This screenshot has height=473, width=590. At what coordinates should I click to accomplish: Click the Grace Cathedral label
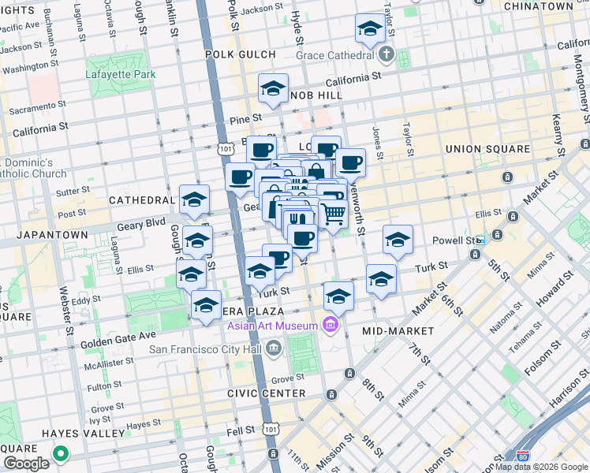click(x=334, y=55)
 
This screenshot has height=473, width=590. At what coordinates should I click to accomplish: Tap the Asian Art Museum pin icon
click(x=330, y=325)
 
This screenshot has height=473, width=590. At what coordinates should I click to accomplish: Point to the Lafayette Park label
click(x=121, y=75)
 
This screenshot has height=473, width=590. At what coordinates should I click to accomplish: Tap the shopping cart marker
click(x=334, y=213)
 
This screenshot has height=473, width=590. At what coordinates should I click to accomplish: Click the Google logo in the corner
click(x=27, y=464)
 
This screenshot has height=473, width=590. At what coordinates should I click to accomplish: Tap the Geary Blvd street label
click(x=141, y=225)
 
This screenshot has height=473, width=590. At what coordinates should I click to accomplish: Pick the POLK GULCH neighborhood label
click(x=241, y=55)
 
